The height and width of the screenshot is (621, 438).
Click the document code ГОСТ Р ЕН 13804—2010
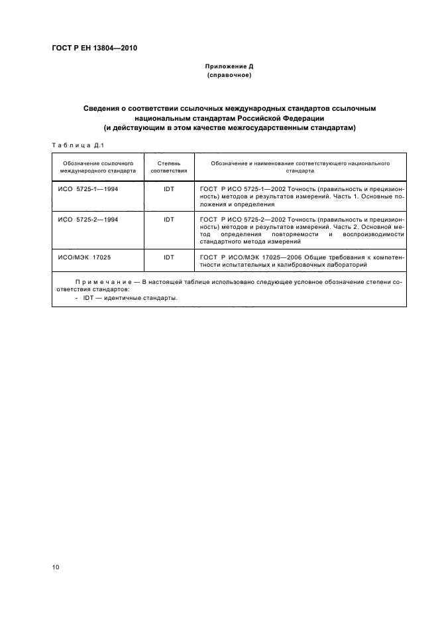[94, 48]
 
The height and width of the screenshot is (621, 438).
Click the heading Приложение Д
[229, 67]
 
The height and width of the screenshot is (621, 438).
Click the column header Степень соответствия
[169, 166]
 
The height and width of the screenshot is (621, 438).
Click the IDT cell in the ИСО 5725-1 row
[169, 189]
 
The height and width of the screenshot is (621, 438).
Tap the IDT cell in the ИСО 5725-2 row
[169, 218]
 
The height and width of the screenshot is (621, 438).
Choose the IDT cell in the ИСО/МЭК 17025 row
[169, 257]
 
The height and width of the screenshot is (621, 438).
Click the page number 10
[56, 566]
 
